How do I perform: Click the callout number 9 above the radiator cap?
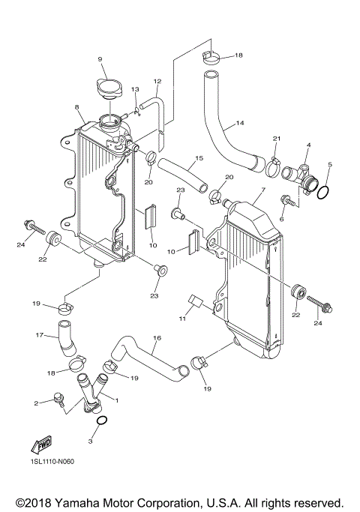point(99,60)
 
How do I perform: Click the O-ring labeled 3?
point(103,423)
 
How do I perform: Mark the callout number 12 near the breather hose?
point(157,82)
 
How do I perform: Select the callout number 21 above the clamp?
point(276,139)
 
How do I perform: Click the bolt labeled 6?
point(286,200)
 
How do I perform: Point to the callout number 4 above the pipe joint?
point(307,145)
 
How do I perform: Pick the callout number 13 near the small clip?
point(136,90)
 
